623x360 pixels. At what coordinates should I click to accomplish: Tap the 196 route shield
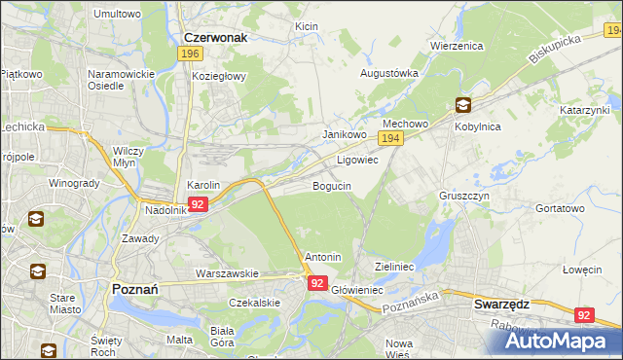click(x=190, y=54)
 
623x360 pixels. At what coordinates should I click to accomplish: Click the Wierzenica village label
click(x=458, y=45)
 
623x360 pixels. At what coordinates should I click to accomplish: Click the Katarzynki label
click(x=584, y=111)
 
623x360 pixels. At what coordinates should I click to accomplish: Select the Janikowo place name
click(x=344, y=135)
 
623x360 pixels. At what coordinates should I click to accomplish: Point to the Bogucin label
click(x=332, y=186)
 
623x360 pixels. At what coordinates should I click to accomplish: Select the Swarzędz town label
click(x=501, y=304)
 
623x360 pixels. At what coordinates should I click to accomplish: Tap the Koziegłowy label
click(x=219, y=76)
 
